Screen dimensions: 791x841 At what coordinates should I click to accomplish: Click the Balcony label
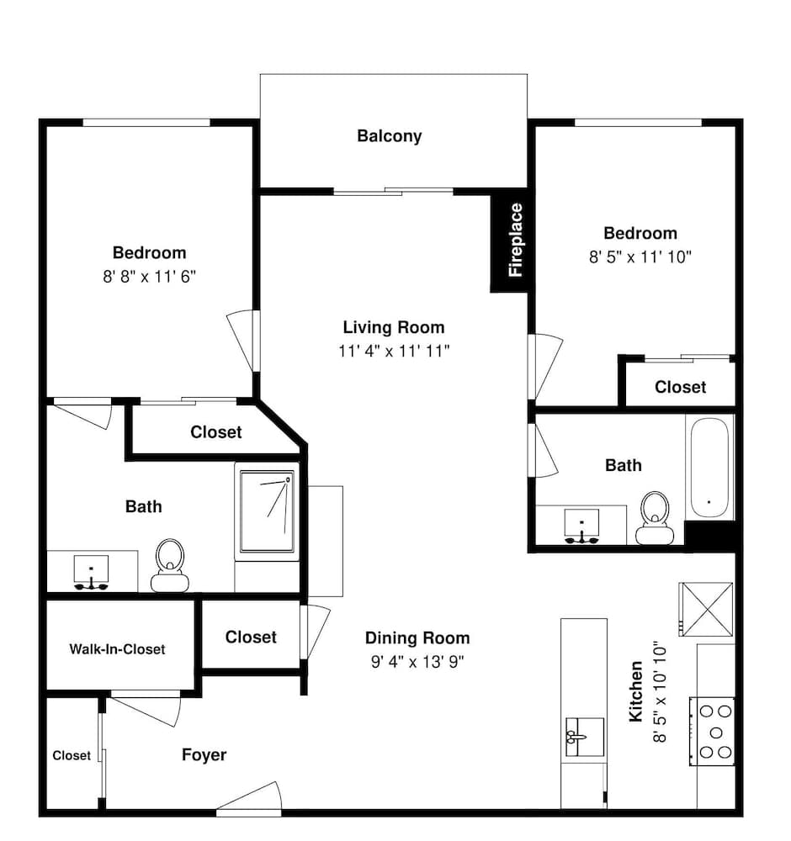(x=389, y=136)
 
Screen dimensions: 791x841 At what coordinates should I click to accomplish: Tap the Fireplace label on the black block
(x=515, y=240)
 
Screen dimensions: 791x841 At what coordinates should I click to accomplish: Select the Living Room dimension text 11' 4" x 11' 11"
(x=394, y=351)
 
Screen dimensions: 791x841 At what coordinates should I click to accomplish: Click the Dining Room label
(x=417, y=637)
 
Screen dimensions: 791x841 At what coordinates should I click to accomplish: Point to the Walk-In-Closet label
(x=117, y=649)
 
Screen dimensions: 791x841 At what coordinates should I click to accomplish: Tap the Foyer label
(x=204, y=755)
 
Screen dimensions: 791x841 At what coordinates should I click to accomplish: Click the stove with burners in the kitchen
(x=712, y=732)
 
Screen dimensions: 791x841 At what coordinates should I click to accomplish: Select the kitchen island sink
(x=584, y=737)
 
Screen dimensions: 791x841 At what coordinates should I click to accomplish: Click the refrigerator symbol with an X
(x=706, y=609)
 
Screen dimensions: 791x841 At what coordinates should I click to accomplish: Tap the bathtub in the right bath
(x=709, y=468)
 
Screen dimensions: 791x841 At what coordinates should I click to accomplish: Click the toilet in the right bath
(x=655, y=518)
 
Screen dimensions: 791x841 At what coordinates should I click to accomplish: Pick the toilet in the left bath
(x=170, y=565)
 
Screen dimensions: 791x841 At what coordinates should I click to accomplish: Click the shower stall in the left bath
(x=267, y=511)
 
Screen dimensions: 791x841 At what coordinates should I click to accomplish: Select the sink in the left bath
(x=91, y=572)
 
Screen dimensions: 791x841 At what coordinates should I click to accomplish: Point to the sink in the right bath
(x=581, y=526)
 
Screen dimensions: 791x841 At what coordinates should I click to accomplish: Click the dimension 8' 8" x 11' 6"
(x=149, y=277)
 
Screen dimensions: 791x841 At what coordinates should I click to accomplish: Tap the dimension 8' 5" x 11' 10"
(x=640, y=257)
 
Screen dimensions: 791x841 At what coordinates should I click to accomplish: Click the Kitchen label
(x=636, y=691)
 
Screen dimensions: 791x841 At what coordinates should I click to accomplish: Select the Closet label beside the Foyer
(x=72, y=755)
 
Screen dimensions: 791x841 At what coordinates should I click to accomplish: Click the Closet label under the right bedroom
(x=681, y=387)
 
